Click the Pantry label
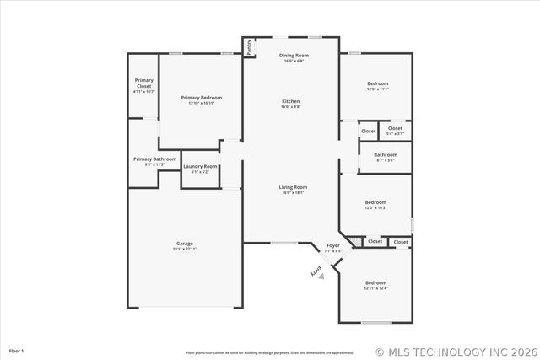[250, 47]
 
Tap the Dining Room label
[294, 56]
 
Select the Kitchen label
[290, 102]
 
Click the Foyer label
[333, 245]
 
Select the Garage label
[185, 244]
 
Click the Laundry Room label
[200, 166]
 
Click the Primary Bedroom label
[201, 98]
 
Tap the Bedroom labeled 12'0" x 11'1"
[377, 83]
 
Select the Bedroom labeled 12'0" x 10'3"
[375, 202]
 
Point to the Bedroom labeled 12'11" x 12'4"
[375, 282]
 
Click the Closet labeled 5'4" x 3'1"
[395, 128]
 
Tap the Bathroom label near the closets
[386, 154]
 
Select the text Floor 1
[16, 350]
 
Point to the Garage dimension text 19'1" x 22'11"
[185, 249]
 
